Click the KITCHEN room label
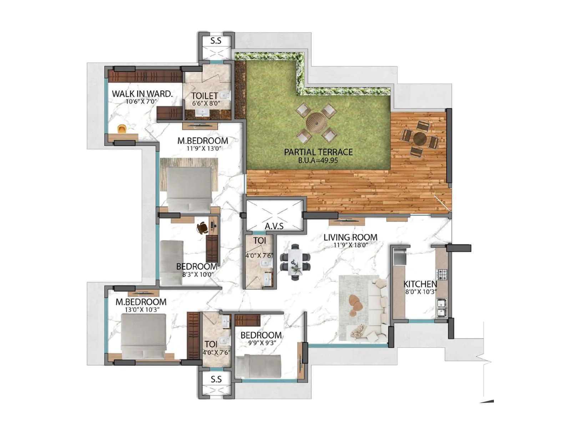coord(420,284)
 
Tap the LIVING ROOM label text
coord(350,237)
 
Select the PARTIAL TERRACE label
coord(318,152)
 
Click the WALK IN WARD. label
coord(142,94)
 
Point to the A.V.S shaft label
coord(274,226)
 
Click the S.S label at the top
coord(216,41)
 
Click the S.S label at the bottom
coord(216,379)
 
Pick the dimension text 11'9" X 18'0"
coord(350,245)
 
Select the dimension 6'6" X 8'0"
coord(206,103)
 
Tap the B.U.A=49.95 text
coord(318,160)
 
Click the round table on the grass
coord(316,122)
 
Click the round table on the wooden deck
coord(419,138)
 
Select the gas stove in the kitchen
coord(442,275)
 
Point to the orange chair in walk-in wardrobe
coord(122,129)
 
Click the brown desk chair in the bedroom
coord(202,228)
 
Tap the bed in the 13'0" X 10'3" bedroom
coord(143,337)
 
